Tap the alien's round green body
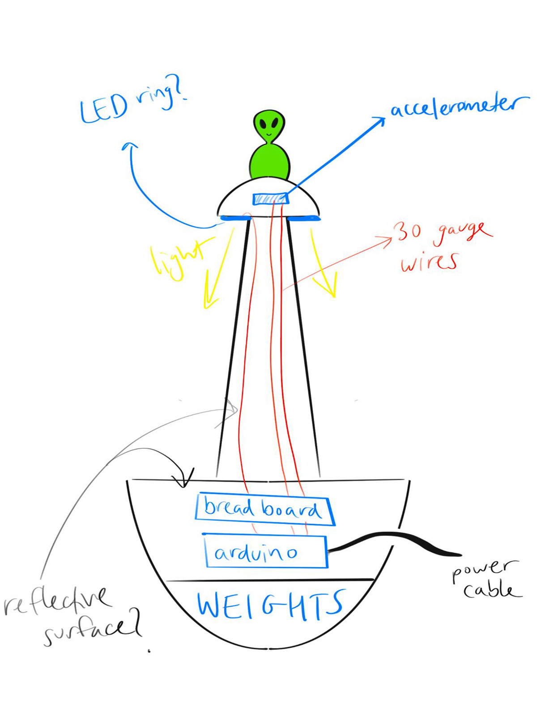pos(269,163)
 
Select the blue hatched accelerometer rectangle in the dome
pos(270,198)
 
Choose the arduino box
pos(266,552)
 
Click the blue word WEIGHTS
pos(271,605)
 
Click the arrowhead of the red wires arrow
pos(390,238)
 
